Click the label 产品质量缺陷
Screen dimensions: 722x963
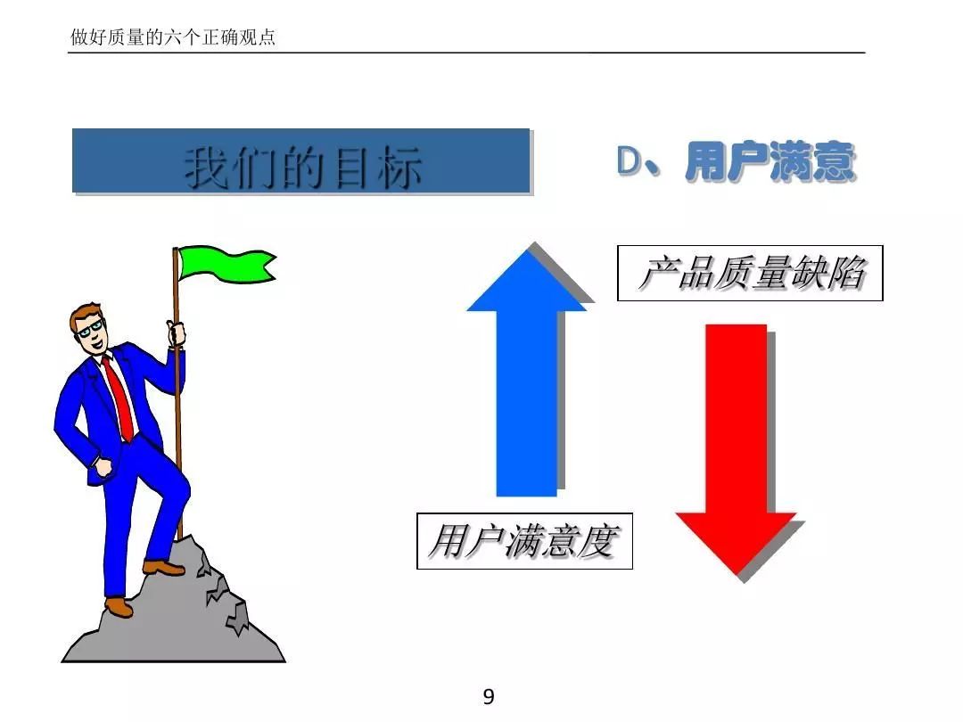tap(750, 274)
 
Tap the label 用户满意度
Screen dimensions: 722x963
tap(524, 541)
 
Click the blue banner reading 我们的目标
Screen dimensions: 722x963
tap(301, 161)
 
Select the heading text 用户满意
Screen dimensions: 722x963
tap(770, 163)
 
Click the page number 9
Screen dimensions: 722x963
tap(488, 697)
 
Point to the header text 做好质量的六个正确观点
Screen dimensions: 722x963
tap(173, 38)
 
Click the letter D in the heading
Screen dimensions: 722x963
tap(630, 160)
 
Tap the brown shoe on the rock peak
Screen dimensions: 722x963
tap(163, 567)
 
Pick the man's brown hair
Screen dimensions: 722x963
tap(85, 313)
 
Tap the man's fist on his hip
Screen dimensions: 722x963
tap(103, 466)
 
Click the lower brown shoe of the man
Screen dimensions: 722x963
tap(119, 607)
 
